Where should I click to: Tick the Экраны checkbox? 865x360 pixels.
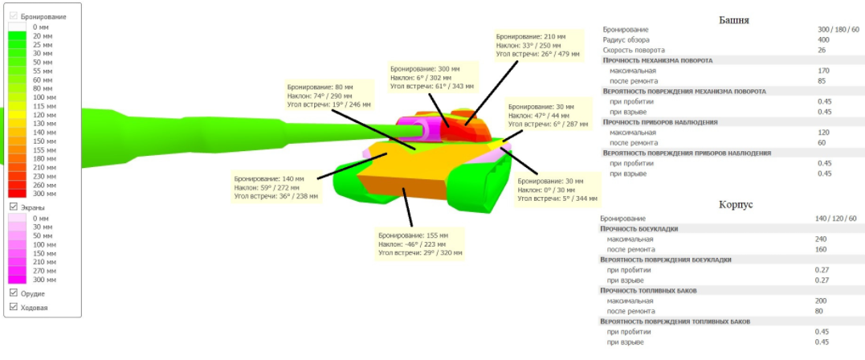tap(13, 207)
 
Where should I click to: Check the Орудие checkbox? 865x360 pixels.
tap(13, 292)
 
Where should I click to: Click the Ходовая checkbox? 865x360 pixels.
tap(13, 307)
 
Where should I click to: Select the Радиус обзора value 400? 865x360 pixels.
tap(823, 39)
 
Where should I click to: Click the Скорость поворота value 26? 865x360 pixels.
tap(822, 50)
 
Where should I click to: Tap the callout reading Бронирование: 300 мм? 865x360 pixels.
tap(429, 77)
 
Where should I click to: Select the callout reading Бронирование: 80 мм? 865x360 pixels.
tap(329, 96)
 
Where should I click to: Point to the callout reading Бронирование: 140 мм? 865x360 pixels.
tap(275, 186)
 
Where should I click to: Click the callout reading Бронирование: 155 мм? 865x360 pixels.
tap(419, 243)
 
